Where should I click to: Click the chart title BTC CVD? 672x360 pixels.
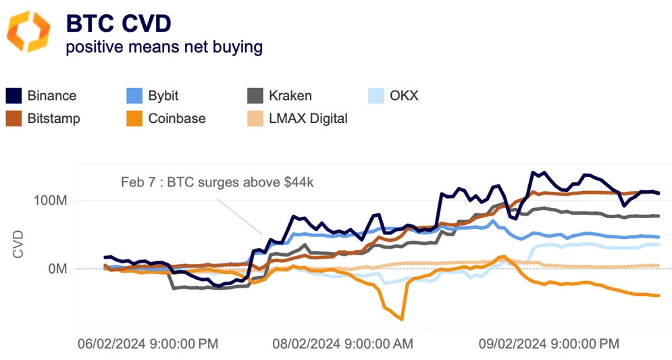point(118,23)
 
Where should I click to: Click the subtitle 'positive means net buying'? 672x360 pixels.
point(163,47)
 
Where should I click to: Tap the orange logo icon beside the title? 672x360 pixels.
point(28,32)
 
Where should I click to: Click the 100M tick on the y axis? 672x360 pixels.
point(49,201)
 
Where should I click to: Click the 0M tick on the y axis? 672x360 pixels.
point(55,269)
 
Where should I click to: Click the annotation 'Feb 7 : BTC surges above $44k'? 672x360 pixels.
point(217,182)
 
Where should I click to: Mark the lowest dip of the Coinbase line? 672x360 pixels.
point(402,319)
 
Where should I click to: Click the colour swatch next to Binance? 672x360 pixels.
point(14,95)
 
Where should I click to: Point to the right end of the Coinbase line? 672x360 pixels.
point(658,295)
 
